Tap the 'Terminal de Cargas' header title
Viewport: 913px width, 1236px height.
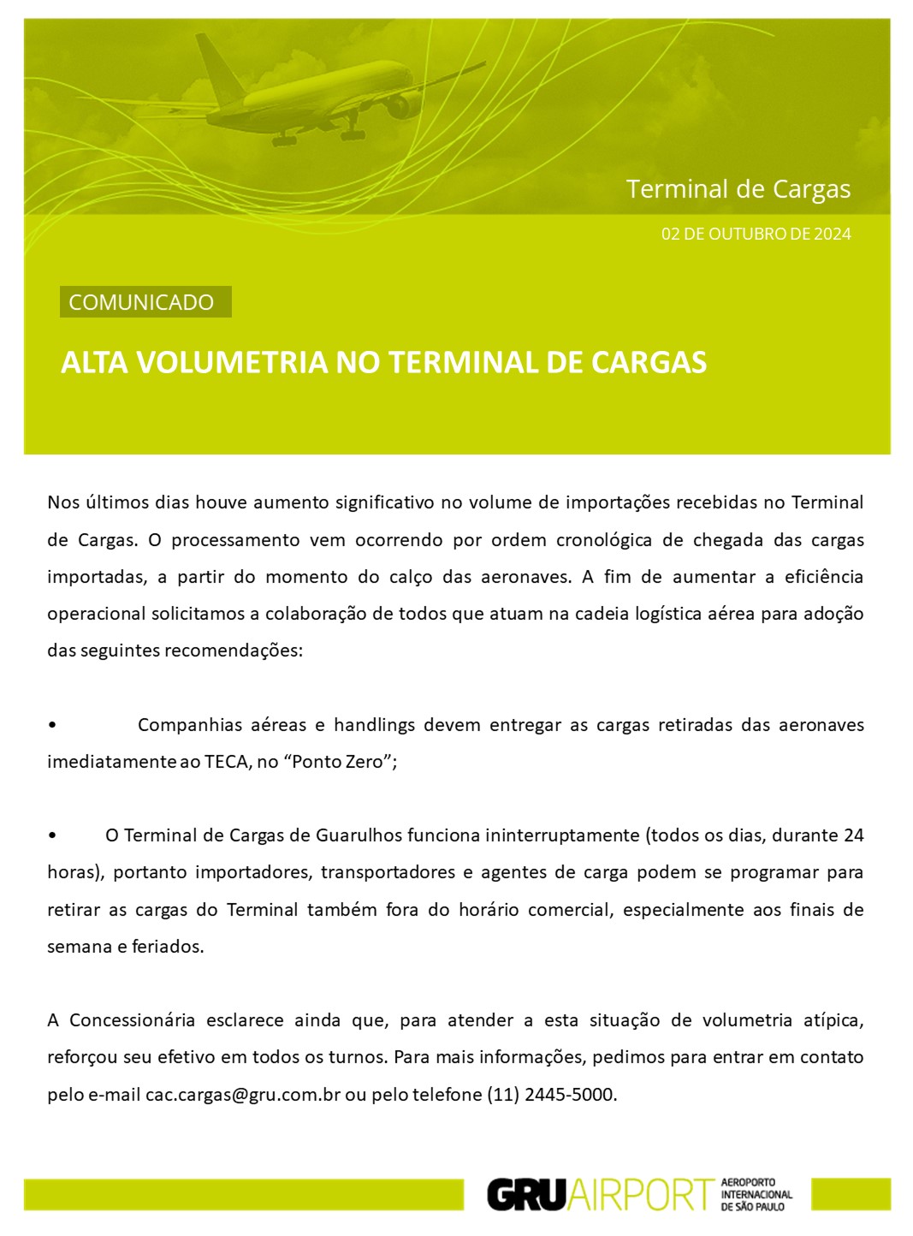[x=738, y=189]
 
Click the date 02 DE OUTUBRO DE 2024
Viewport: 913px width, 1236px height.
[x=756, y=234]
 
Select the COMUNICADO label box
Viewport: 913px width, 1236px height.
[x=145, y=302]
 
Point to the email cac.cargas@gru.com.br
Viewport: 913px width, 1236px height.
[x=243, y=1095]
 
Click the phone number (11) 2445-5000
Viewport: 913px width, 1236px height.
[x=550, y=1095]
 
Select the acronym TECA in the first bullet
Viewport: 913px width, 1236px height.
[x=226, y=762]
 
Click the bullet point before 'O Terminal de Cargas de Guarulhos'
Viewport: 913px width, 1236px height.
[x=53, y=835]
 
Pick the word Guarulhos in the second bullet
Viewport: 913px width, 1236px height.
[x=359, y=835]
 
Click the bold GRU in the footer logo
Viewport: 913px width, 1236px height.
[x=526, y=1195]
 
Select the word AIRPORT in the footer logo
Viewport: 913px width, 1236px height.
[x=640, y=1195]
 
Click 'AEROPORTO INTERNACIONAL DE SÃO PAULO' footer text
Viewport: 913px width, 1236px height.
[x=756, y=1194]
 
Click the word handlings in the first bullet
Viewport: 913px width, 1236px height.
[x=373, y=725]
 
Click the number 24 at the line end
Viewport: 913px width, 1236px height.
[x=853, y=835]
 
